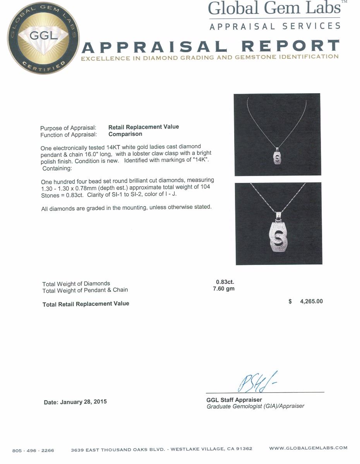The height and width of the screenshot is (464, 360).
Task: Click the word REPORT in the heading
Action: pyautogui.click(x=290, y=46)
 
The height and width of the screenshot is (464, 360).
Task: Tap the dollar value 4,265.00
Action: pyautogui.click(x=311, y=301)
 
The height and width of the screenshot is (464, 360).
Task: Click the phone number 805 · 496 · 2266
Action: pyautogui.click(x=33, y=450)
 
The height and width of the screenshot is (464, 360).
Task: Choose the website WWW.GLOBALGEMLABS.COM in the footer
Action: pyautogui.click(x=308, y=448)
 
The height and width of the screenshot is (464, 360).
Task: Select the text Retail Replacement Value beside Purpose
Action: pyautogui.click(x=144, y=127)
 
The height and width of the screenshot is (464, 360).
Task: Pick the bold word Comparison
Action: pyautogui.click(x=125, y=134)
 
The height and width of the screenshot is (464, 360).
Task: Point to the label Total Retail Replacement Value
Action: pyautogui.click(x=86, y=304)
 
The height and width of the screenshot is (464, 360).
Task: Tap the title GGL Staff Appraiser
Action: pyautogui.click(x=234, y=400)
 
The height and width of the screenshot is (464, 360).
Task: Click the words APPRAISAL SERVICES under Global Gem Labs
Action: pyautogui.click(x=275, y=26)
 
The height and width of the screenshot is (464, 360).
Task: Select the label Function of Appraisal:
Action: pyautogui.click(x=69, y=135)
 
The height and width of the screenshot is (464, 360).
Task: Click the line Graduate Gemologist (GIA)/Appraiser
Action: pyautogui.click(x=255, y=406)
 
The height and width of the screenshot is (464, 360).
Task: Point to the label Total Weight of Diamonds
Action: pyautogui.click(x=76, y=283)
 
